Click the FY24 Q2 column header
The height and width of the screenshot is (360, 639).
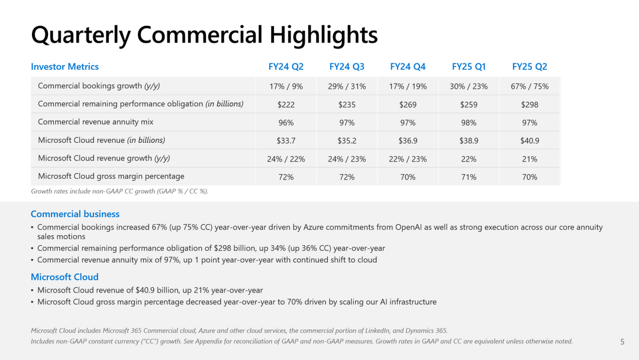[x=286, y=67]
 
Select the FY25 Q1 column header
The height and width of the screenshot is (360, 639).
[x=469, y=67]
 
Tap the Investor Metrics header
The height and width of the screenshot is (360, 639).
[x=64, y=67]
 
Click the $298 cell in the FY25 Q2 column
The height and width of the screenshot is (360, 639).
[x=530, y=104]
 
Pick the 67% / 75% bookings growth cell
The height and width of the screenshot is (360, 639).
[x=530, y=86]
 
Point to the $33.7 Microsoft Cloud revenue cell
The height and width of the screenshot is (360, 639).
[x=286, y=141]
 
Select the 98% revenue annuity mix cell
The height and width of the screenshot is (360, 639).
[x=469, y=123]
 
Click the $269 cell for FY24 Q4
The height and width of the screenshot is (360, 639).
[x=408, y=104]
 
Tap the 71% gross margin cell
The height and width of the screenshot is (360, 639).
[x=469, y=177]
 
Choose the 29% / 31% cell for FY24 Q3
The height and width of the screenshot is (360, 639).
[x=347, y=86]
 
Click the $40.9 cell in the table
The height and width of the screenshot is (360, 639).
[x=530, y=141]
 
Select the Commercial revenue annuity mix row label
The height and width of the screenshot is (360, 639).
[x=95, y=122]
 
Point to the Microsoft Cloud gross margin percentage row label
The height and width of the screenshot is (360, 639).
[x=111, y=176]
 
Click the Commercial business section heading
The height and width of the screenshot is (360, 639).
[x=75, y=214]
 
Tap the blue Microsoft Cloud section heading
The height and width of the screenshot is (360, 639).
[x=64, y=277]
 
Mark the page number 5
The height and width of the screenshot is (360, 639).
[x=622, y=342]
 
